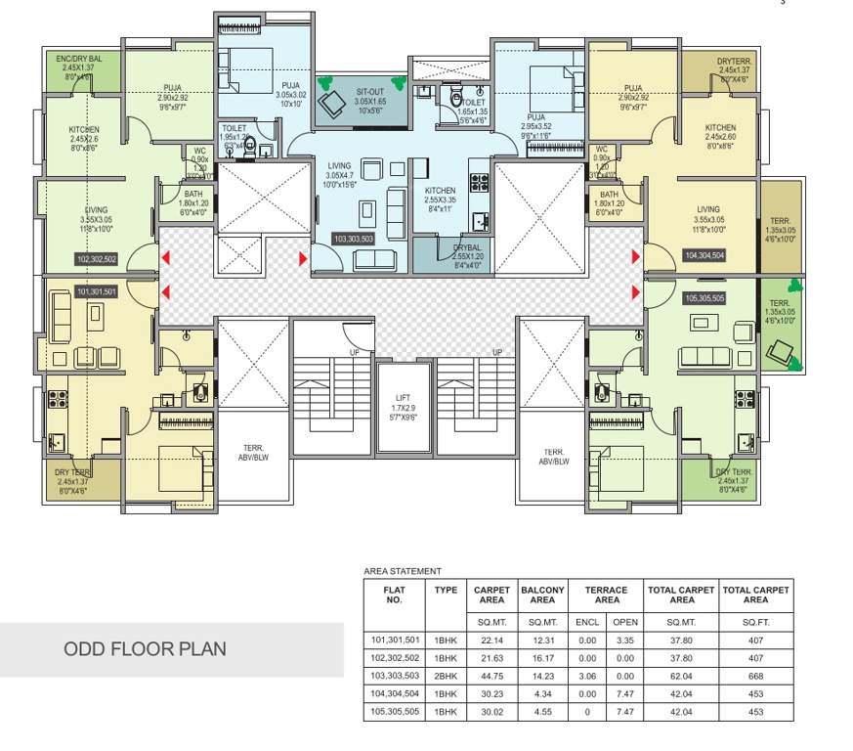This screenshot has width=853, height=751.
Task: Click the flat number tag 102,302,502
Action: tap(96, 259)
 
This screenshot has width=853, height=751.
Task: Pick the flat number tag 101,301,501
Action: tap(96, 291)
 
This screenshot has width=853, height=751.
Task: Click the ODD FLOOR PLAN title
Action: tap(145, 649)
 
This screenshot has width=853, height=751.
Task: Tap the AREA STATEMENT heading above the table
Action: tap(402, 571)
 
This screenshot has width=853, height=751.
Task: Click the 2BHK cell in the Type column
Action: tap(445, 676)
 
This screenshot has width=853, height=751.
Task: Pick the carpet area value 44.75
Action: tap(491, 676)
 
